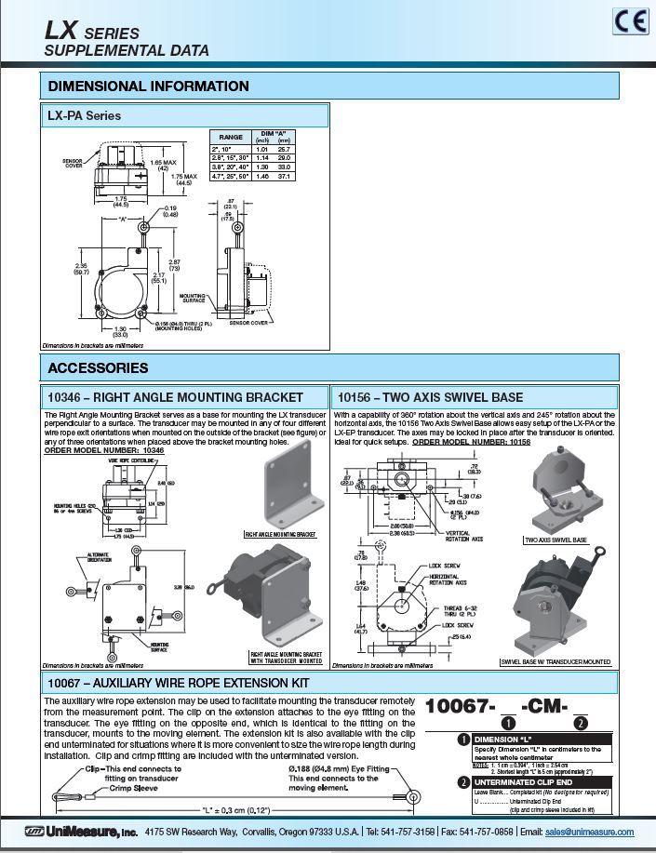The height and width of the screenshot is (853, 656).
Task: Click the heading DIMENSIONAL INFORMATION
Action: (x=148, y=87)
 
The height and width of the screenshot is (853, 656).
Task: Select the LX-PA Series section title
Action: (x=84, y=116)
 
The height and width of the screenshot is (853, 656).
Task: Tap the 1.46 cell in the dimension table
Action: (x=261, y=175)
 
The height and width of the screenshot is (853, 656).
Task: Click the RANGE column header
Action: (x=230, y=137)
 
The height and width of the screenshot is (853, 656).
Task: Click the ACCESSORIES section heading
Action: (x=98, y=367)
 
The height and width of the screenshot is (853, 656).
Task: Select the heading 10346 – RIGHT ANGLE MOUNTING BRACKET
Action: (x=175, y=396)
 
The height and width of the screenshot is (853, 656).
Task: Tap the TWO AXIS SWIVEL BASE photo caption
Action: (x=556, y=540)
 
